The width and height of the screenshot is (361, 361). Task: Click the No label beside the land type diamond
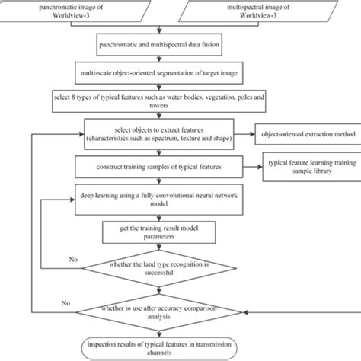[72, 259]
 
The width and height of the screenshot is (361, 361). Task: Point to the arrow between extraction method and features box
[245, 134]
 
